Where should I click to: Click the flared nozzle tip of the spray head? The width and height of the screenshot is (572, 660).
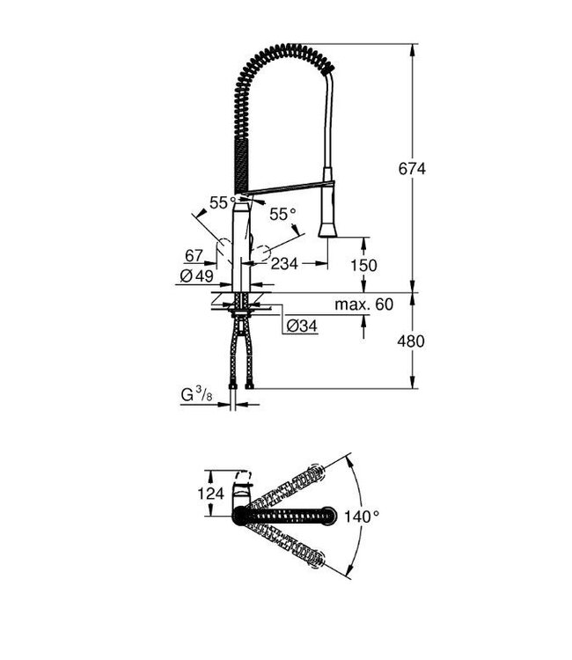click(x=327, y=230)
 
